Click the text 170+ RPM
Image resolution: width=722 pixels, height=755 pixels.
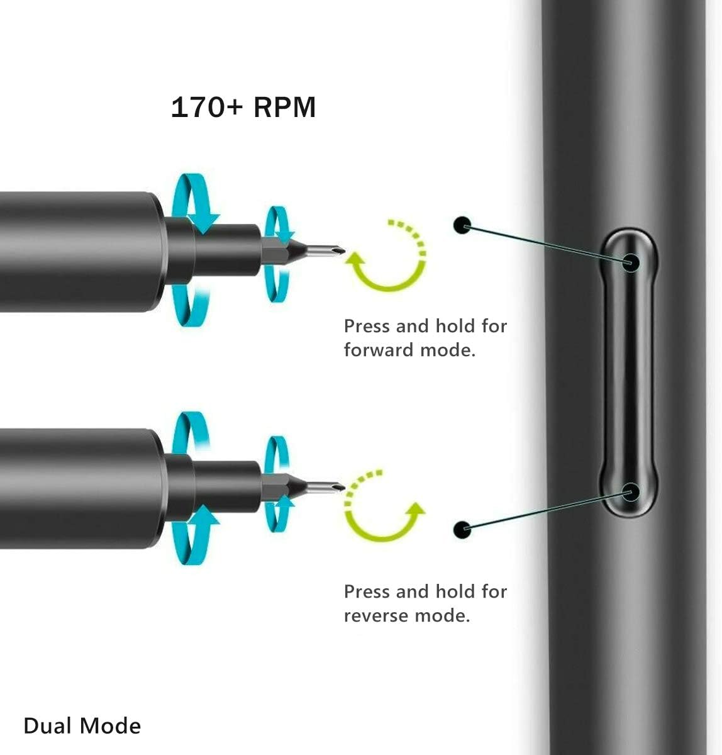tap(243, 108)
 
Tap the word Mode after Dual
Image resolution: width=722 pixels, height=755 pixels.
tap(114, 726)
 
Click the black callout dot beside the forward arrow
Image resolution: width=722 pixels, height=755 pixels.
tap(462, 225)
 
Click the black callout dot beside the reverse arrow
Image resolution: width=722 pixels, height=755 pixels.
tap(462, 528)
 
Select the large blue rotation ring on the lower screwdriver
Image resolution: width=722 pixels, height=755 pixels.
tap(189, 488)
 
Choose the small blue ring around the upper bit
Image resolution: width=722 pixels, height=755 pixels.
tap(277, 255)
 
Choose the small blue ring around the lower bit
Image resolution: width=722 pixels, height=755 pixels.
tap(277, 484)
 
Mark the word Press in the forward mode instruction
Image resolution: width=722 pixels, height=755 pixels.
tap(367, 326)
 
